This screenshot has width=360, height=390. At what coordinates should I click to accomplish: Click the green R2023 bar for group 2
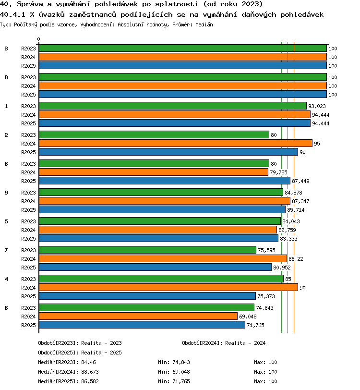[x=154, y=134]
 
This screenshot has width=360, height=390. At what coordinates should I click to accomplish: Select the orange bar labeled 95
[x=176, y=143]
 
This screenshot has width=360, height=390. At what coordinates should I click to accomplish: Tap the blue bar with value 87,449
[x=165, y=181]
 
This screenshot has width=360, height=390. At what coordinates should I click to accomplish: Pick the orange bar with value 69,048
[x=138, y=316]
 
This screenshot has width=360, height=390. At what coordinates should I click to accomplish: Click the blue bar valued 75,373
[x=147, y=296]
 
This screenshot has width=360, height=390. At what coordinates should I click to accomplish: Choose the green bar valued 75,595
[x=147, y=250]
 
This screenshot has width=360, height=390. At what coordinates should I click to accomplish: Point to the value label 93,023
[x=317, y=106]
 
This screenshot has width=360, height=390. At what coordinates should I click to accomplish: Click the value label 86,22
[x=296, y=259]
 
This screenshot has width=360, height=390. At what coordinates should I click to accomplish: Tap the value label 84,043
[x=291, y=221]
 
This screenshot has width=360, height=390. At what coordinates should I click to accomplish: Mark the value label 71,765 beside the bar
[x=255, y=325]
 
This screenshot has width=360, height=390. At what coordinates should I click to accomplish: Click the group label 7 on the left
[x=6, y=250]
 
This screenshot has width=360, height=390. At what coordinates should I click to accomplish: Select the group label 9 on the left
[x=6, y=193]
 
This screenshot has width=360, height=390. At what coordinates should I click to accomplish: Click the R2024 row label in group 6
[x=28, y=317]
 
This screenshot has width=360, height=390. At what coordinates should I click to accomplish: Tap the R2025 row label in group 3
[x=28, y=66]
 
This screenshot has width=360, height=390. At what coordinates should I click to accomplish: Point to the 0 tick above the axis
[x=38, y=39]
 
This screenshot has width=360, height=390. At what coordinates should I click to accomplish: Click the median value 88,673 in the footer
[x=90, y=372]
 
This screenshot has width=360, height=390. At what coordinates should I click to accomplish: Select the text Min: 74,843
[x=174, y=362]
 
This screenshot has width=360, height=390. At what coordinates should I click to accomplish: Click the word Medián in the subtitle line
[x=204, y=24]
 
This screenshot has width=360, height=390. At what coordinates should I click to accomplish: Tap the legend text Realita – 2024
[x=245, y=343]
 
